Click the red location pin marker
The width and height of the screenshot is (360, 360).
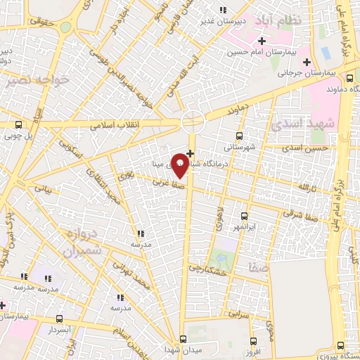coord(181,165)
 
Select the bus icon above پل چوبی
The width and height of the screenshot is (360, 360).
coord(18,124)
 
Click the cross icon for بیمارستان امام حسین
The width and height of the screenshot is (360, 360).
coord(262,41)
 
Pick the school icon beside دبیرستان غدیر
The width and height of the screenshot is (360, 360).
coord(224,10)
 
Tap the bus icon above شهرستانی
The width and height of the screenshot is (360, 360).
coord(239,136)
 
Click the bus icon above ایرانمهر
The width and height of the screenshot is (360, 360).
coord(244,216)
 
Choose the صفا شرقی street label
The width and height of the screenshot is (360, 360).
coord(310,205)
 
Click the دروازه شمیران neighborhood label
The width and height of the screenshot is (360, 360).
coord(82,243)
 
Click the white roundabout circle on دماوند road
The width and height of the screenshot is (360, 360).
coord(192,122)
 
